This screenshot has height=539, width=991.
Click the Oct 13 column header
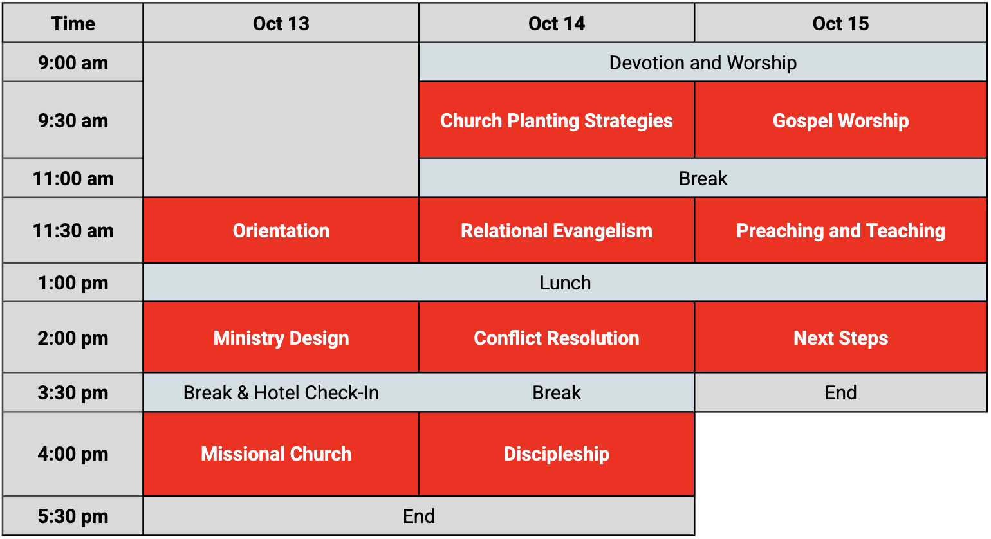[281, 23]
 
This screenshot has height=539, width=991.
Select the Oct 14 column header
[557, 23]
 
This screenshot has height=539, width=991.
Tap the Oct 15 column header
[840, 23]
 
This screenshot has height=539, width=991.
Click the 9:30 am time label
[73, 121]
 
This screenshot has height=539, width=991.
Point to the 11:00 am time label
[73, 179]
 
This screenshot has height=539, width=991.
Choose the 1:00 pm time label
[73, 283]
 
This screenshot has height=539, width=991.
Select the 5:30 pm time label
[73, 516]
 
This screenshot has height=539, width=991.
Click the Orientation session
[281, 230]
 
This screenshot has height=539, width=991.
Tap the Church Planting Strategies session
[557, 120]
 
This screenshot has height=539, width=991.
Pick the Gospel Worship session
[840, 120]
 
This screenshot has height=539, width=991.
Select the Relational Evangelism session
[557, 230]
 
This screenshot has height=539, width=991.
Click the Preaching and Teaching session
[840, 230]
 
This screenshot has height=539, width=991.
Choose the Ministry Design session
[281, 338]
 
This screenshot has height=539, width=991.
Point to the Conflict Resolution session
[557, 338]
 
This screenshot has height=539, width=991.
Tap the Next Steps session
[840, 338]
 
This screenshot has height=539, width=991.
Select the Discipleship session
[557, 454]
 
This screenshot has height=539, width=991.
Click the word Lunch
[565, 283]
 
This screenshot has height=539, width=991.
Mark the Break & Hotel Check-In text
[281, 392]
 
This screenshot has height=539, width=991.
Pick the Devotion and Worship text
[703, 63]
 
